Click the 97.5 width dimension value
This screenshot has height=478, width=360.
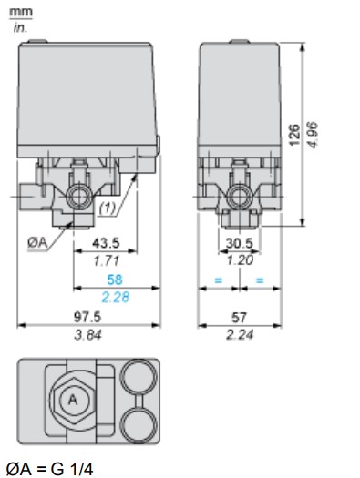[87, 317]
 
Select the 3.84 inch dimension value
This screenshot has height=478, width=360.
[87, 335]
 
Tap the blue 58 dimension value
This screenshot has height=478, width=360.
[115, 280]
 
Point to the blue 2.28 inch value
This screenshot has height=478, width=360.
[116, 297]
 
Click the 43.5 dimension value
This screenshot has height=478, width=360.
[106, 243]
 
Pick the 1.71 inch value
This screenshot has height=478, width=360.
[106, 261]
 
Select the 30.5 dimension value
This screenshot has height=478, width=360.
[240, 243]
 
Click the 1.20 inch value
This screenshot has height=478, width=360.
[240, 260]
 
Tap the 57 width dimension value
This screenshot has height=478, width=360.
[239, 318]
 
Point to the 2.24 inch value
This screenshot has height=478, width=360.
[240, 335]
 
